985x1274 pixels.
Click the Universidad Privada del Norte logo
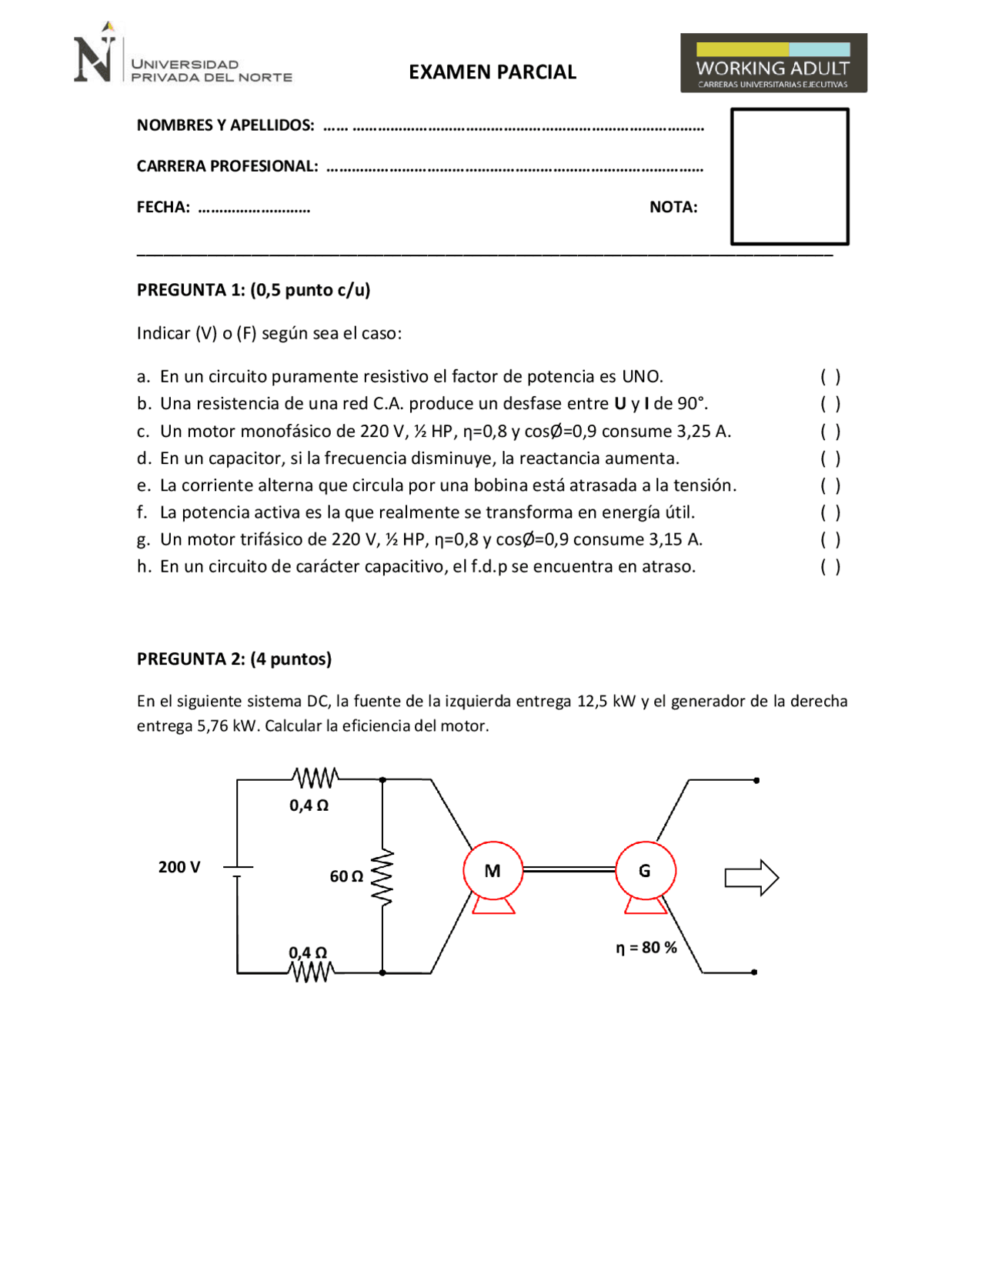(x=182, y=57)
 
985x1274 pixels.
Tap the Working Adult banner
(x=773, y=63)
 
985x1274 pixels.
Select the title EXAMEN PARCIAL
(x=492, y=72)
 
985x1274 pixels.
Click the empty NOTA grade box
(x=789, y=176)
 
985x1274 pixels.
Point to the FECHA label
(x=163, y=207)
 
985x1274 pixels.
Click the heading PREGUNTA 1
(x=253, y=290)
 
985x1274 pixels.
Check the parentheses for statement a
(x=830, y=376)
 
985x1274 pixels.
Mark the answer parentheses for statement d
(x=830, y=459)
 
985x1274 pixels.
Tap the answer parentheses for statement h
(x=830, y=567)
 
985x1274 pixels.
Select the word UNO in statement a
(x=642, y=377)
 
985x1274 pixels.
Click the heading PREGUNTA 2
(x=234, y=659)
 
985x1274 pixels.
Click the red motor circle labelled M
(x=492, y=871)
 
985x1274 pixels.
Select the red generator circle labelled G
(x=645, y=871)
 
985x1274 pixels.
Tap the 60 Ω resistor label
(x=346, y=876)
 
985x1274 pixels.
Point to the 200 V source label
(x=179, y=867)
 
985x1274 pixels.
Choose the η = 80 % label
(x=646, y=948)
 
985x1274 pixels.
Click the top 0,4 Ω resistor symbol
(x=315, y=779)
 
